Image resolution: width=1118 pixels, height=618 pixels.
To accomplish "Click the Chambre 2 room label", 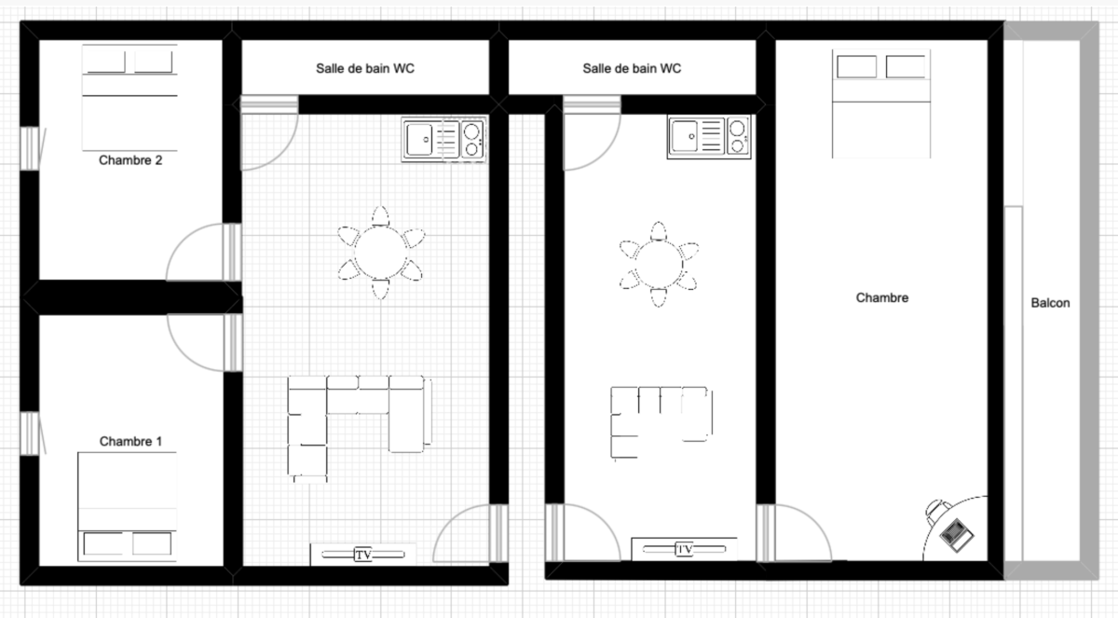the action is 130,160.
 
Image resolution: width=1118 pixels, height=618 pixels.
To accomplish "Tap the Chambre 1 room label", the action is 130,441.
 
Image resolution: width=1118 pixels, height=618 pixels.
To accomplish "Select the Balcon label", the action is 1050,303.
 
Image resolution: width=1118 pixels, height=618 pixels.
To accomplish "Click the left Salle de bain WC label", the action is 365,68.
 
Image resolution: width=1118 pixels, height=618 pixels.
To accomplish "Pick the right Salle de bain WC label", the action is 632,68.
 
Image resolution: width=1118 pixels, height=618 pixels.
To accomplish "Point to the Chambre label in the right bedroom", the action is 882,298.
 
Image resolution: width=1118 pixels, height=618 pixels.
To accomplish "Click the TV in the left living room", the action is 363,555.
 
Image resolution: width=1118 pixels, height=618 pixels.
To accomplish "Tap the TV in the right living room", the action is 684,549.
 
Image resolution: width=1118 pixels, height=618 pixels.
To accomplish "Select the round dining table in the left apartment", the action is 380,253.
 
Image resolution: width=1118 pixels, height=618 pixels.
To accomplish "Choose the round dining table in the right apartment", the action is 659,265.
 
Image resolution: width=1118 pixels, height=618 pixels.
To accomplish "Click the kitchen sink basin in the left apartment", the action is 419,140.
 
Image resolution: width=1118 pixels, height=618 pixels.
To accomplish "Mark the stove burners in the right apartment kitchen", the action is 737,137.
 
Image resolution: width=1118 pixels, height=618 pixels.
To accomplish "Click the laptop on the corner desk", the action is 956,535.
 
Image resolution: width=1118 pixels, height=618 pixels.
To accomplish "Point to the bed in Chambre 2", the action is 130,98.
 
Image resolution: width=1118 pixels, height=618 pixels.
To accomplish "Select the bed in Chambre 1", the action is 128,507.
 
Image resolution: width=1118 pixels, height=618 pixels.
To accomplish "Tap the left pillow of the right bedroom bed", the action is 856,67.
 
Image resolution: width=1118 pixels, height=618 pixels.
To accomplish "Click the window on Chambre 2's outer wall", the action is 30,148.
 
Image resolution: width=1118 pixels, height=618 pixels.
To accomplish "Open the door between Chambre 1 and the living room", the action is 204,343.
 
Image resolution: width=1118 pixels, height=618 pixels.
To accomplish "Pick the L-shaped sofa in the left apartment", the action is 360,428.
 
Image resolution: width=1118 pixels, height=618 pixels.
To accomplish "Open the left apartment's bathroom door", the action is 269,132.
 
